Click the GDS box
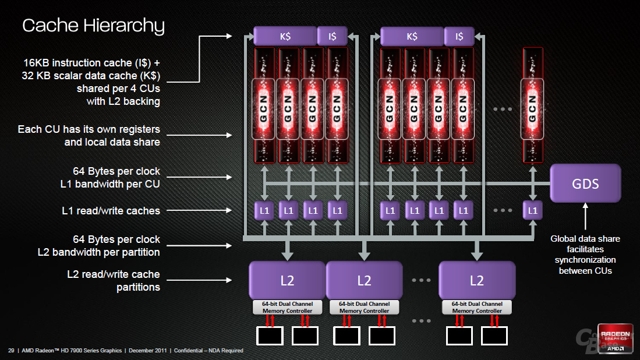585,183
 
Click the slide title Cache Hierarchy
94,26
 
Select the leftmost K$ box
285,36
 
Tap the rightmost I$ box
459,36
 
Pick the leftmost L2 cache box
287,280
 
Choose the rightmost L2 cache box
477,280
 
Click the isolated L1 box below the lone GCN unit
533,211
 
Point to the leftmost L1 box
264,211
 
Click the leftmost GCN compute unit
264,105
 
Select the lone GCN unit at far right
533,105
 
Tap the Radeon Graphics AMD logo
615,338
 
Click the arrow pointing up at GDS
585,216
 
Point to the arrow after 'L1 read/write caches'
199,211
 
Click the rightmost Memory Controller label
477,308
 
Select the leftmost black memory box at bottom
270,336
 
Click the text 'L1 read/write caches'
111,211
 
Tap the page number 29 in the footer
11,351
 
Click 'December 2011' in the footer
148,351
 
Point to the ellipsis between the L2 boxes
421,280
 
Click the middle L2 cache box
364,280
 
